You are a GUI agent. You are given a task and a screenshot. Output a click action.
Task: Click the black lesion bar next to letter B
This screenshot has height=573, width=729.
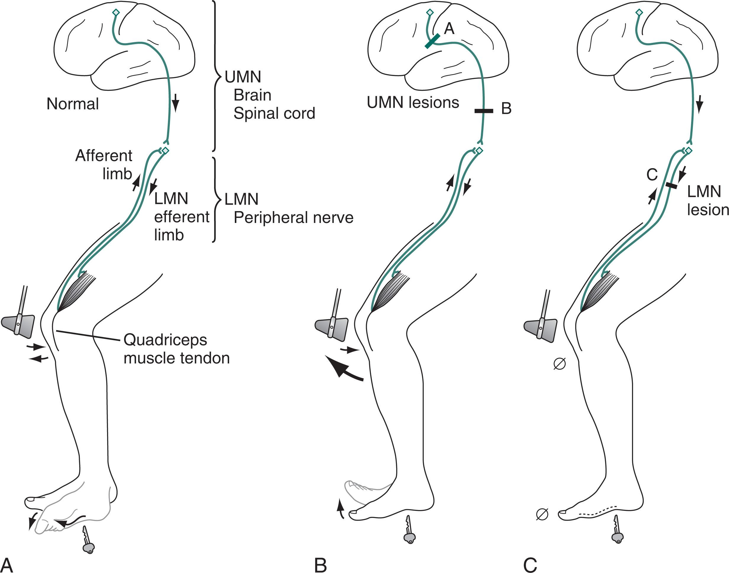coord(484,110)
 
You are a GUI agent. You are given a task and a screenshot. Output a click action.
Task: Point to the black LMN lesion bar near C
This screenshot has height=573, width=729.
coord(671,185)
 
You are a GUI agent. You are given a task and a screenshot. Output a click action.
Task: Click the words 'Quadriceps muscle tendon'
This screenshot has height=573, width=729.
coord(177,349)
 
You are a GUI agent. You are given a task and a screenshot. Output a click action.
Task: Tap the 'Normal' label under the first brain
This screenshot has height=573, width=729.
coord(72,104)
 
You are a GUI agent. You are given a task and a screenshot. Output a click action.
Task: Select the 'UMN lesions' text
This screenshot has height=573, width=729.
coord(413,102)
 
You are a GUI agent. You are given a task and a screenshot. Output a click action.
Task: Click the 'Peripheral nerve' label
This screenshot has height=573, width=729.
coord(293,218)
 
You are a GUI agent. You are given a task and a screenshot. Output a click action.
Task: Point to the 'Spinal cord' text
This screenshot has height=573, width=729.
coord(274,114)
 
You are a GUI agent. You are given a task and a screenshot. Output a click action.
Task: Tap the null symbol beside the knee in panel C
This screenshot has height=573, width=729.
coord(559,364)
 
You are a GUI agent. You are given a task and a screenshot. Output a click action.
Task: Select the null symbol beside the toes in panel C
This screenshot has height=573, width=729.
coord(542,514)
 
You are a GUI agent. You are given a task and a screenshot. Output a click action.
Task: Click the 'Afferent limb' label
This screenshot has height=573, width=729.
coord(104,164)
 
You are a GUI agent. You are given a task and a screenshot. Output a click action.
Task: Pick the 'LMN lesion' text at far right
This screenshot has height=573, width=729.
coord(707,201)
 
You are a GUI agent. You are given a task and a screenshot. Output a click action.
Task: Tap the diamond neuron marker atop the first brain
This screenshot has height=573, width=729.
coord(116,12)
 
